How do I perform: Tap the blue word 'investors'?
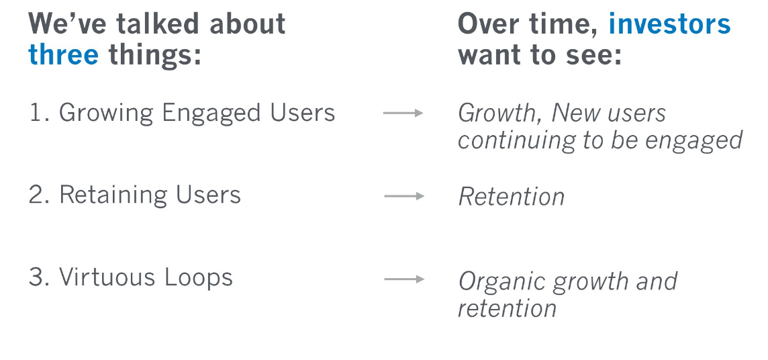(669, 24)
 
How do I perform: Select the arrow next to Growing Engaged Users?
(403, 113)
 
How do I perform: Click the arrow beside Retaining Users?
(404, 196)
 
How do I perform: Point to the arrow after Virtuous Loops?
(404, 279)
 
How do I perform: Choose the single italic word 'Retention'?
(512, 197)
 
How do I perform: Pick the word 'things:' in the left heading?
(155, 55)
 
